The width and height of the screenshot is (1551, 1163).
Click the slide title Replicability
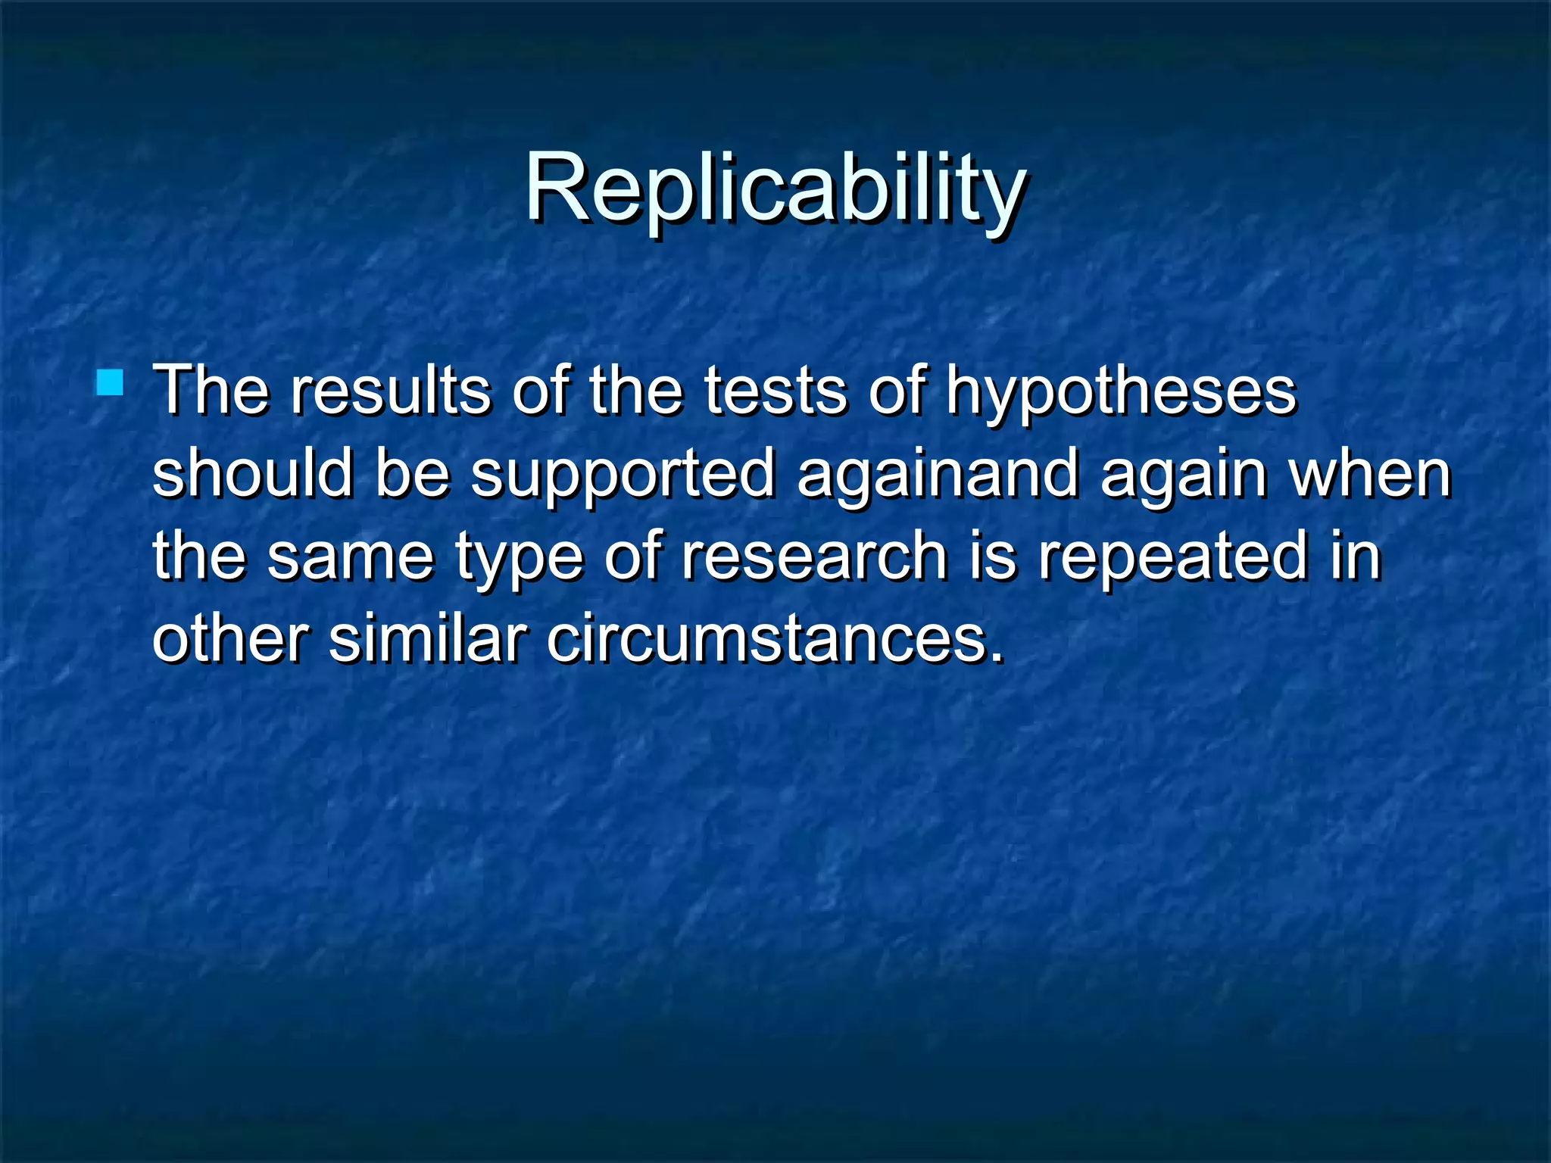775,188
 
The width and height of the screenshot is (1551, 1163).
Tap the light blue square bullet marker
110,382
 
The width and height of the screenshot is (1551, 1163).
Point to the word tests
775,391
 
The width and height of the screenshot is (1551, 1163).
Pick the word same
351,557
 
